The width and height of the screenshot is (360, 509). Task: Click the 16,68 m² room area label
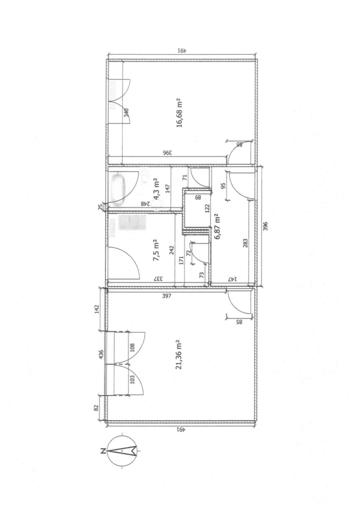click(179, 113)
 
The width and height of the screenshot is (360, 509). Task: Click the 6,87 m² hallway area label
click(217, 226)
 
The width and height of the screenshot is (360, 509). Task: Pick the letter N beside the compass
click(102, 451)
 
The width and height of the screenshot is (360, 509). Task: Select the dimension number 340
click(127, 113)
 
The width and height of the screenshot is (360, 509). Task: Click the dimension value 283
click(245, 243)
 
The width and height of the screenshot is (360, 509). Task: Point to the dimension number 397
click(166, 296)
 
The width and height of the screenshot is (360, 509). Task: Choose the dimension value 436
click(101, 354)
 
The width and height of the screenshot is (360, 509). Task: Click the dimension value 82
click(96, 408)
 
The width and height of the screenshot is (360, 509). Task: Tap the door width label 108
click(132, 348)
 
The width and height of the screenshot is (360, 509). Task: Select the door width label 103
click(132, 379)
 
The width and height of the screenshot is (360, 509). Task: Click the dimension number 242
click(172, 249)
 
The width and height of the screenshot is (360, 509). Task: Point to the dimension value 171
click(181, 260)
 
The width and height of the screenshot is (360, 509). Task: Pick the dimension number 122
click(208, 208)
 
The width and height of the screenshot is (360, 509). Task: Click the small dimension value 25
click(101, 206)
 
